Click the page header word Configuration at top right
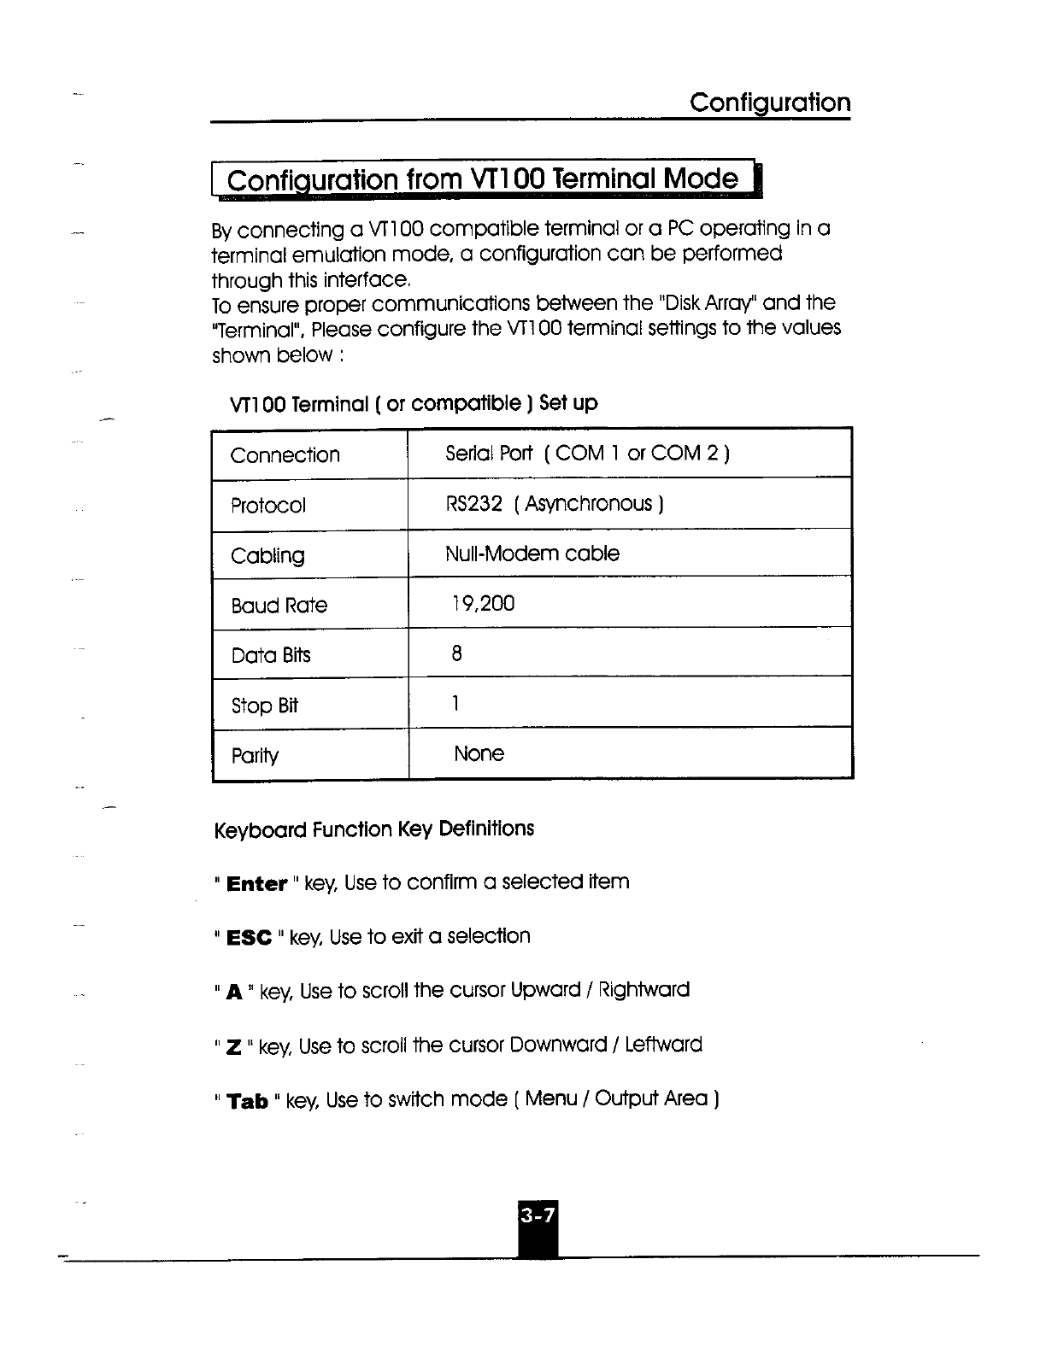click(x=769, y=103)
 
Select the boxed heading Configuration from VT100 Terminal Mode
click(x=483, y=180)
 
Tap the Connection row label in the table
click(x=285, y=455)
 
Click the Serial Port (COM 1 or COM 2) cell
click(x=587, y=453)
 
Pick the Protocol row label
click(x=267, y=506)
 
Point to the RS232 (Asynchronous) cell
click(x=555, y=504)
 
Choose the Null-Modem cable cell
click(x=532, y=553)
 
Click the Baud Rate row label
click(x=279, y=606)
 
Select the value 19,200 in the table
click(x=483, y=604)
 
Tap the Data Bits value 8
click(x=456, y=654)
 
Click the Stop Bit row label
click(x=264, y=706)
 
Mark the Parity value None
click(x=479, y=754)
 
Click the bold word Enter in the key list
click(x=256, y=884)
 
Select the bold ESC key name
click(x=249, y=939)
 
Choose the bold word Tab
click(x=248, y=1102)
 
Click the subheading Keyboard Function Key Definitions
click(x=373, y=829)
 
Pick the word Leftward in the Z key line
click(x=663, y=1045)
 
